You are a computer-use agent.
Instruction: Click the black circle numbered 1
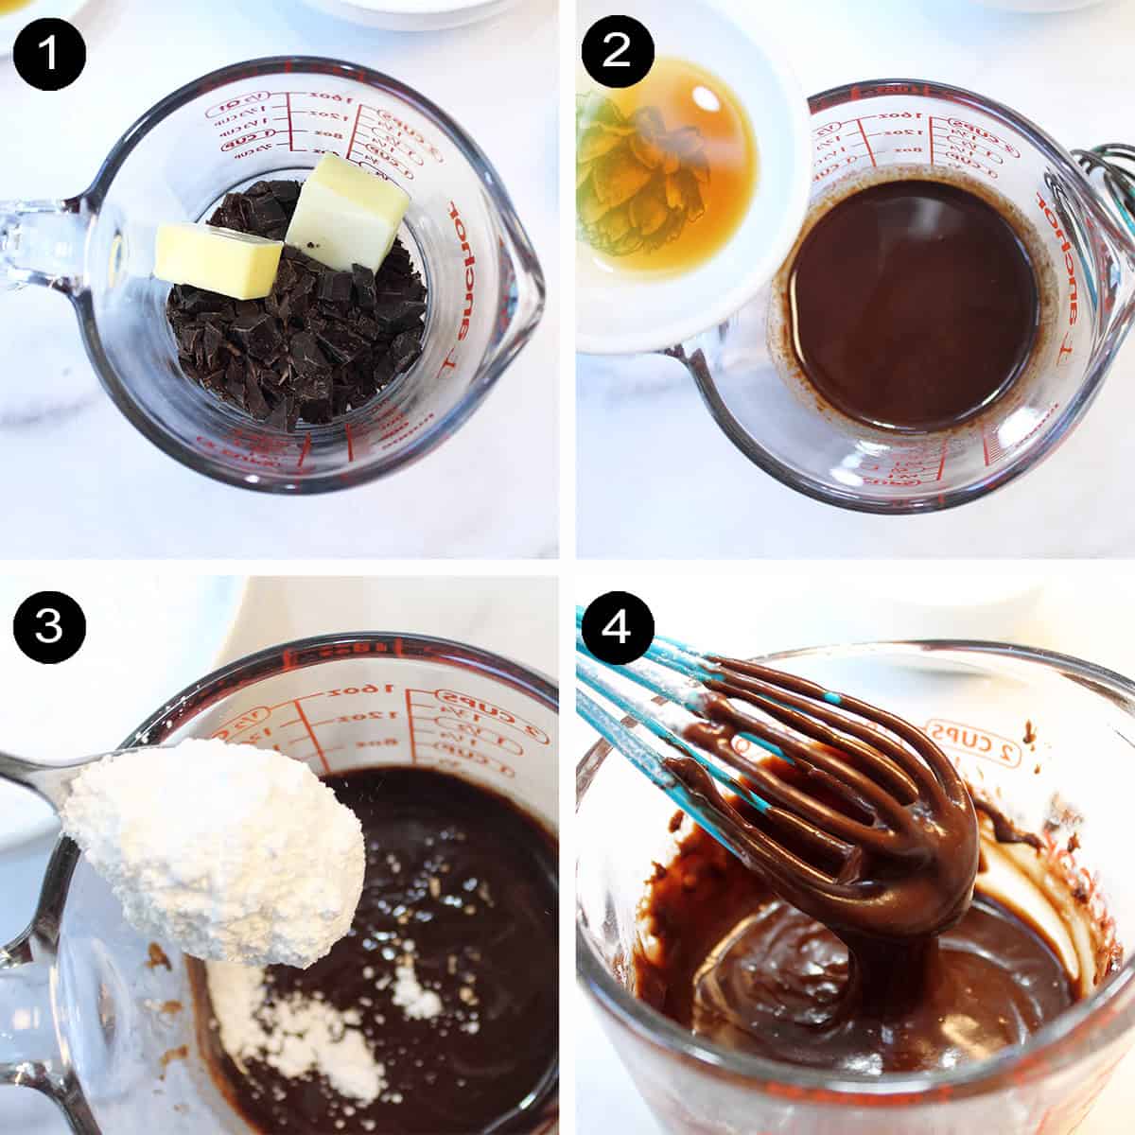click(49, 50)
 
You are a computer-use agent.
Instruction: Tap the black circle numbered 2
click(617, 50)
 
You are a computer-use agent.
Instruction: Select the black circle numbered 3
click(49, 627)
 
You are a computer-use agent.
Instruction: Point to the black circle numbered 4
click(617, 627)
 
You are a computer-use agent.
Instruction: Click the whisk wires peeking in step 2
click(1107, 189)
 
